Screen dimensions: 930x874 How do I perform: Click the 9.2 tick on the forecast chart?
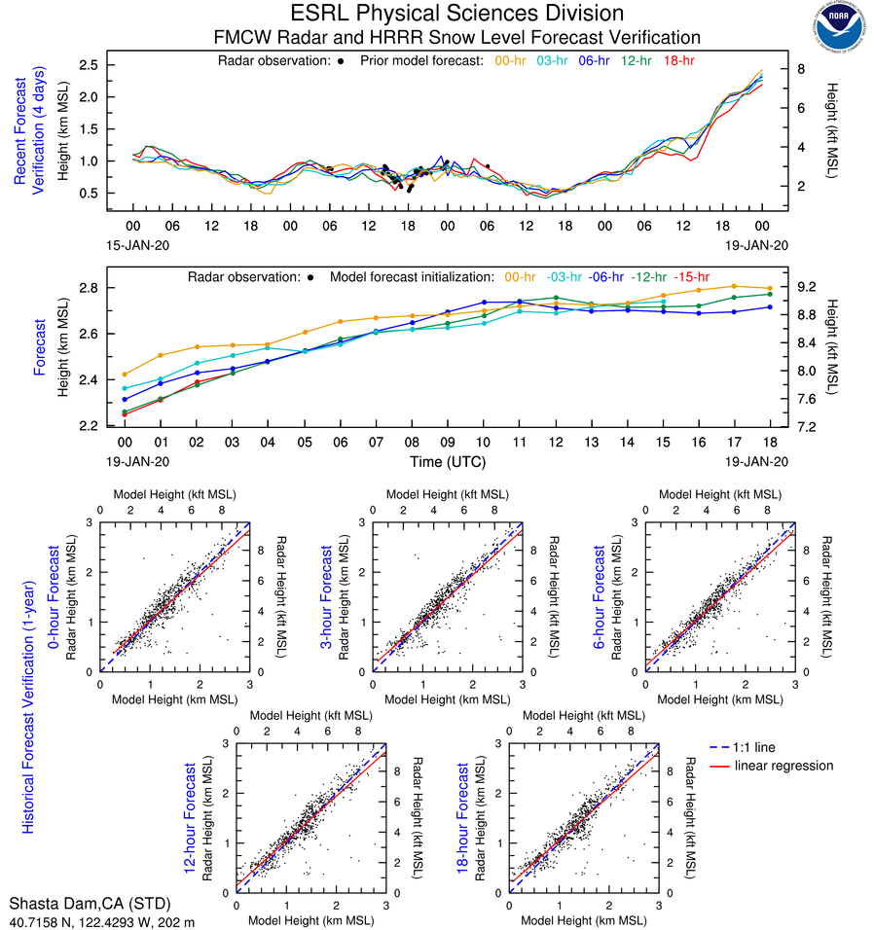click(805, 288)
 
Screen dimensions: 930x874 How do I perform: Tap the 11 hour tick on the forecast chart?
click(519, 441)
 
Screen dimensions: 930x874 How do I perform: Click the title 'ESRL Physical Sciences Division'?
click(456, 14)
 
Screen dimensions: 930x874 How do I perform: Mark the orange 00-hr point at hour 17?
click(734, 286)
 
